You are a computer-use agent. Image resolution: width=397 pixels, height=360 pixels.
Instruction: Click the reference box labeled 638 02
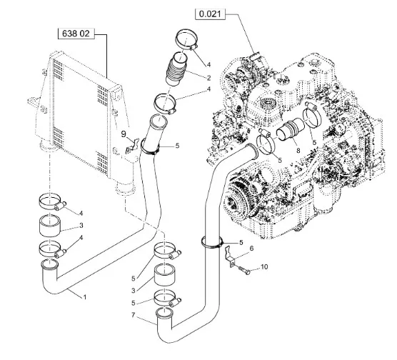click(76, 34)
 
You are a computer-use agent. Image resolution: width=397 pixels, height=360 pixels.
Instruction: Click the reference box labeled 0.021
click(210, 14)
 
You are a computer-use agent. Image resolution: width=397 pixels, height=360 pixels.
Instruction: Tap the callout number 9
click(124, 134)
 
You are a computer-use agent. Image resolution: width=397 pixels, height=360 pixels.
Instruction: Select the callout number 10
click(264, 266)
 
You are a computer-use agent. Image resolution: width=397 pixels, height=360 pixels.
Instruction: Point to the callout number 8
click(298, 151)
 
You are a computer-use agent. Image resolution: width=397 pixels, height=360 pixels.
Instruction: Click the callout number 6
click(251, 249)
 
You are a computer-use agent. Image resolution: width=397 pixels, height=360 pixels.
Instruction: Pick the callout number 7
click(134, 315)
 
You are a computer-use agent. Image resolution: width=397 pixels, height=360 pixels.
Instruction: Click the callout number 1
click(85, 297)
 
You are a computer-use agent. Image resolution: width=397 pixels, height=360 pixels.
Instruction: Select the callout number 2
click(208, 78)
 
